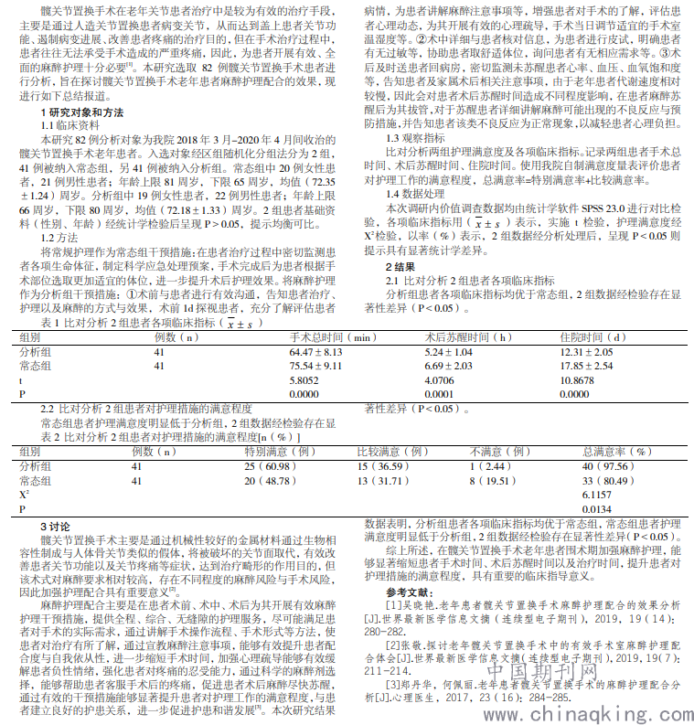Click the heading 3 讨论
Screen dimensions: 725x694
point(56,527)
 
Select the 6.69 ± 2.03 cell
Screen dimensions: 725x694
point(448,366)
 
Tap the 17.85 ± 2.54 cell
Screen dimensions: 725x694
point(586,366)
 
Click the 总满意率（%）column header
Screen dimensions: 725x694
point(616,452)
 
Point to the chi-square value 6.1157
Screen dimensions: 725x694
point(596,494)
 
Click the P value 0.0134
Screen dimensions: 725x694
point(596,508)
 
